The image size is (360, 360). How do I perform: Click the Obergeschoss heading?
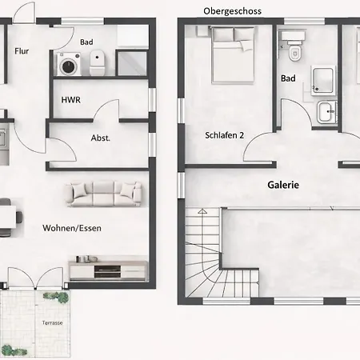[232, 11]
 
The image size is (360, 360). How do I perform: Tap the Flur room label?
[22, 51]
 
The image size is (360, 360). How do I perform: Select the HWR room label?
[71, 100]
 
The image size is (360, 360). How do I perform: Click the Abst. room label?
[101, 138]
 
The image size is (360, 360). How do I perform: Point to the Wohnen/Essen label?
[72, 228]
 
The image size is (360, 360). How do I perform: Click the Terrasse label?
[52, 322]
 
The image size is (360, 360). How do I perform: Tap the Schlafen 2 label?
[224, 135]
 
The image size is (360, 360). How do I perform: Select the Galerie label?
[283, 185]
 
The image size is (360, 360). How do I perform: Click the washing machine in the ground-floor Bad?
[69, 64]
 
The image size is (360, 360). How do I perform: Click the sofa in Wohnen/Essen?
[103, 194]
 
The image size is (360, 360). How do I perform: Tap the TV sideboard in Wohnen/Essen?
[108, 270]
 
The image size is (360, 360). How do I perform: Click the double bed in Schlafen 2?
[233, 54]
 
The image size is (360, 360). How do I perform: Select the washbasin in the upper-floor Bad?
[326, 112]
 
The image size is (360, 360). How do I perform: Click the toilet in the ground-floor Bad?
[97, 62]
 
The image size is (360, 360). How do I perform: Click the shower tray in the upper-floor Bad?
[323, 81]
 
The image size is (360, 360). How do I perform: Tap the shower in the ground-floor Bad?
[132, 63]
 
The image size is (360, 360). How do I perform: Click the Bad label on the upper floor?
[288, 78]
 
